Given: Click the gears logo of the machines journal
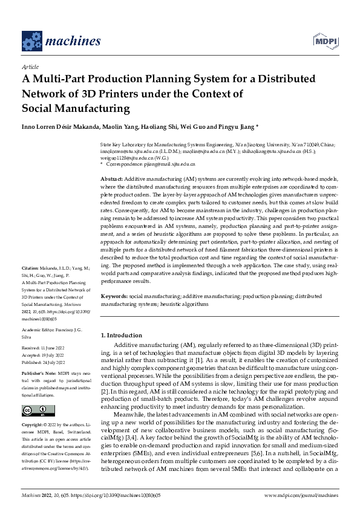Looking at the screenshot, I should pyautogui.click(x=33, y=39).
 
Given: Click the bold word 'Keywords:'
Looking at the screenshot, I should pyautogui.click(x=114, y=297).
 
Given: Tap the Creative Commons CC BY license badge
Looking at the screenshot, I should pyautogui.click(x=35, y=410).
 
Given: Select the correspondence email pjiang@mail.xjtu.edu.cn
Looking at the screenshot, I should pyautogui.click(x=166, y=163).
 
